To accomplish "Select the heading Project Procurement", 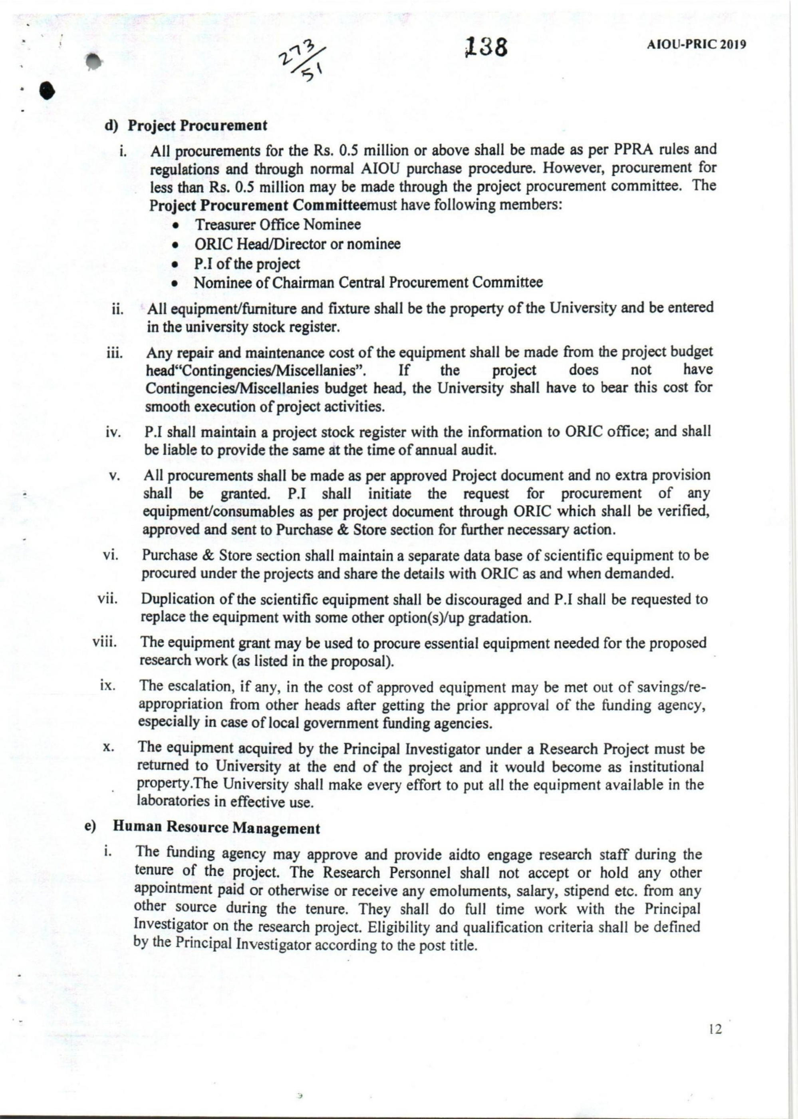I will click(x=198, y=125).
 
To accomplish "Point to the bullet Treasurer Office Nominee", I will click(x=278, y=225).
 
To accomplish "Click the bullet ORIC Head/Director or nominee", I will click(x=297, y=244).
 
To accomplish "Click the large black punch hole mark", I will click(x=46, y=90).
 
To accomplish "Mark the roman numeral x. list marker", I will click(x=109, y=749).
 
